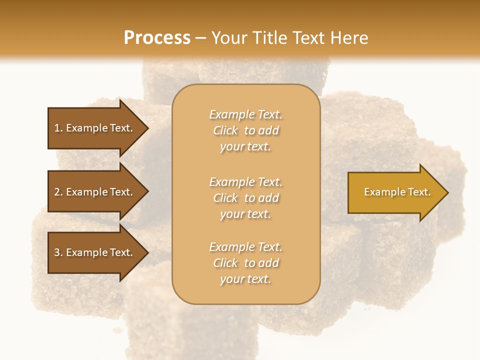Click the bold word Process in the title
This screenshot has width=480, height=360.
[157, 38]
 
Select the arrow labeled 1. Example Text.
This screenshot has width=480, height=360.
[93, 128]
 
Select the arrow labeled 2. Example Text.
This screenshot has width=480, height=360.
[93, 192]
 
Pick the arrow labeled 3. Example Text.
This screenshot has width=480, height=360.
[93, 252]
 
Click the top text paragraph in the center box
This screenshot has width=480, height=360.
[246, 130]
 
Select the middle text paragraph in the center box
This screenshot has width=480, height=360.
[246, 198]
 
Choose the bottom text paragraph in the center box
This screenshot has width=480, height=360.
[246, 263]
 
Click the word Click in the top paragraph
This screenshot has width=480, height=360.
[225, 131]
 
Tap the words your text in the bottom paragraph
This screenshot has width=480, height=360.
[245, 279]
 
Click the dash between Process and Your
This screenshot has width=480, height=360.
[201, 38]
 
